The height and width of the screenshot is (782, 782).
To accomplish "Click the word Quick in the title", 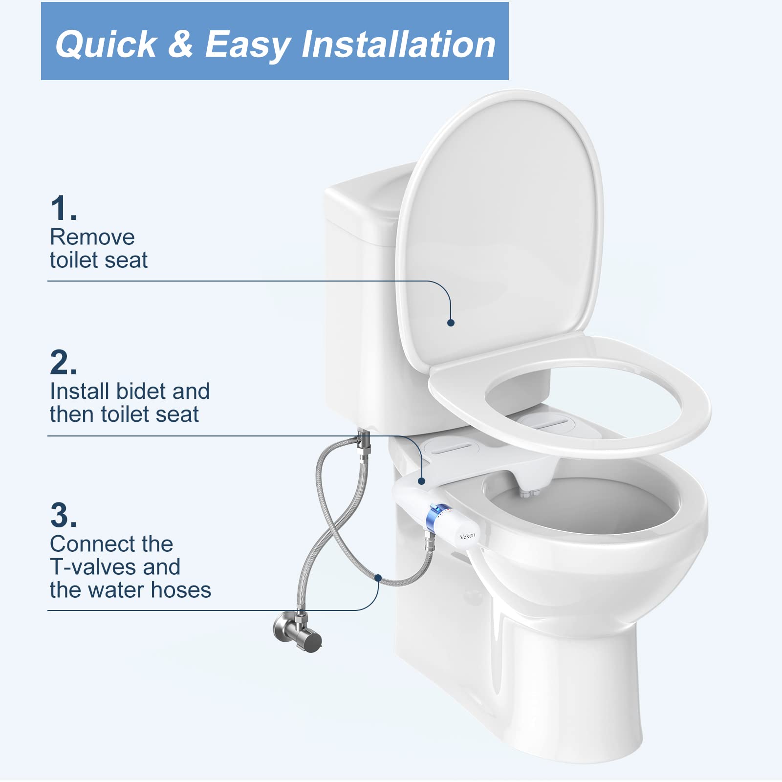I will [x=106, y=44].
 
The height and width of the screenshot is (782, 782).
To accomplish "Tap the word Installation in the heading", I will [x=398, y=44].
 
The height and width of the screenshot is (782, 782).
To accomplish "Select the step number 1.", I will [x=63, y=208].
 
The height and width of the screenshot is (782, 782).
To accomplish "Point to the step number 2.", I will [x=63, y=362].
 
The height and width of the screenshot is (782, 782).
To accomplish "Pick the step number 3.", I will [x=63, y=515].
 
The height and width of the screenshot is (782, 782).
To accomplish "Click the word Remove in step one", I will [x=92, y=238].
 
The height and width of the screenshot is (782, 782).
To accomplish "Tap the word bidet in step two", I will [x=141, y=391].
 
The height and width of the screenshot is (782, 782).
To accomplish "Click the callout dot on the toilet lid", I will [x=451, y=323].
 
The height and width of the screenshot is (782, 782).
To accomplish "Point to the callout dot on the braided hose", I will [x=378, y=578].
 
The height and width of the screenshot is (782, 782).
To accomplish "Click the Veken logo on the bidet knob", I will [x=467, y=536].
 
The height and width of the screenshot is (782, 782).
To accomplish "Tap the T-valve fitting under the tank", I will [x=364, y=443].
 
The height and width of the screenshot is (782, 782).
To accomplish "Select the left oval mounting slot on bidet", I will [x=448, y=447].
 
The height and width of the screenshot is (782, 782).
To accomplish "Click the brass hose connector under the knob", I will [x=430, y=543].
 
